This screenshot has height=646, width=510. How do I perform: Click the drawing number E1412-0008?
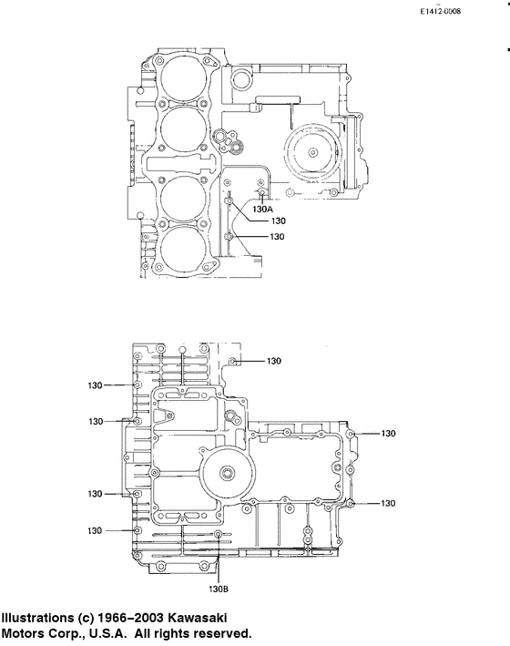click(x=441, y=12)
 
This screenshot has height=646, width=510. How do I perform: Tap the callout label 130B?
click(x=220, y=588)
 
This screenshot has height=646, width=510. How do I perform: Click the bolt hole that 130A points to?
click(x=262, y=194)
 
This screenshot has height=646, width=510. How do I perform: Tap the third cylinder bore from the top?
click(x=183, y=193)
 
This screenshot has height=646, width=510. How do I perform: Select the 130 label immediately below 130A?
click(x=279, y=221)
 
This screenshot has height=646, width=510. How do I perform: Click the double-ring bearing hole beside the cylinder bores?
click(x=221, y=138)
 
